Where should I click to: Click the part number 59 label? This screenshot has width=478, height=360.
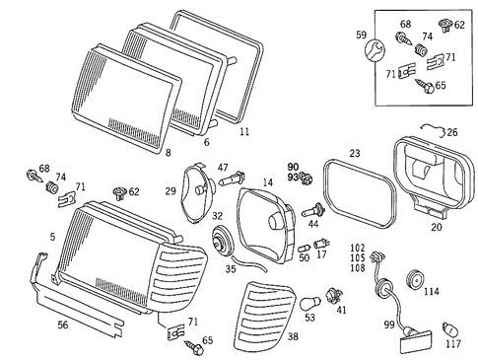pos(361,36)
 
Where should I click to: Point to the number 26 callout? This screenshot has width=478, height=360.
pos(451,131)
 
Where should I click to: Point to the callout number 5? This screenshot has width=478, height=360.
pos(53,237)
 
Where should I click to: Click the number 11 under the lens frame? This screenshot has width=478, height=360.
pos(244,130)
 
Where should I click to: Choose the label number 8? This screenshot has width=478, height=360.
pos(169,153)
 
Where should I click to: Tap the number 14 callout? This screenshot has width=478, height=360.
pos(267,183)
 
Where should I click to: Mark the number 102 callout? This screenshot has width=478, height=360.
pos(358,248)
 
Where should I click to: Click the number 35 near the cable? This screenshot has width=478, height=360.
pos(231,268)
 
